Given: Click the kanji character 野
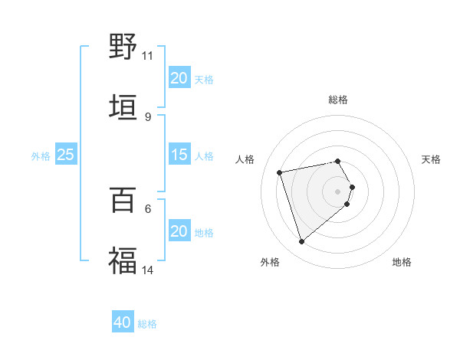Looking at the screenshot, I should [123, 47].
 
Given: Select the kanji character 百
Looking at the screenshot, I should [123, 200].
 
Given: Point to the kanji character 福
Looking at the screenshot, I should [123, 260].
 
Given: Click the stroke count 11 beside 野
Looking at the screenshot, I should [147, 55].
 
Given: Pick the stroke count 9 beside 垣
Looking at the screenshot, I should [147, 116].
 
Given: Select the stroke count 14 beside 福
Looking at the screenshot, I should [148, 270].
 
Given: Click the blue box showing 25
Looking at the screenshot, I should [65, 155].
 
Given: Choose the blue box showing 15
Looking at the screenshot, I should [179, 155].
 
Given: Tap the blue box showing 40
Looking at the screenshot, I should [122, 322].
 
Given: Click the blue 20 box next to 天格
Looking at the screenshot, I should [179, 78].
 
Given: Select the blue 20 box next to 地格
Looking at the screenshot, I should [179, 231].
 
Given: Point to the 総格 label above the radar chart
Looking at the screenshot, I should [338, 100].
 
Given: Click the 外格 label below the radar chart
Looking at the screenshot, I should [270, 262].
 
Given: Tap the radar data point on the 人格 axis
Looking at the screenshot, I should [280, 172].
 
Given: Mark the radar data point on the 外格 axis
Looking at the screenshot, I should [301, 242].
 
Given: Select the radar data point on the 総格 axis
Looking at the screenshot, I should [338, 161].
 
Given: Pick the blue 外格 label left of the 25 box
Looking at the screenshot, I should [41, 155].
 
